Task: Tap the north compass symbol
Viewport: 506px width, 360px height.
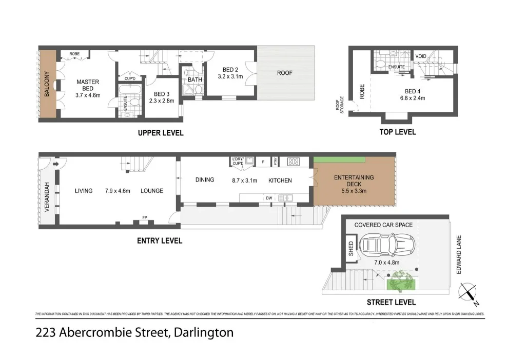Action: pyautogui.click(x=468, y=292)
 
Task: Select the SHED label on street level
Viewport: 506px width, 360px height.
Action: pyautogui.click(x=351, y=248)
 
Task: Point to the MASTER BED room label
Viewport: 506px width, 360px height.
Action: pyautogui.click(x=87, y=85)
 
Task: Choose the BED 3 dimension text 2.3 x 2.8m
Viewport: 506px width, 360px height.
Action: pyautogui.click(x=161, y=101)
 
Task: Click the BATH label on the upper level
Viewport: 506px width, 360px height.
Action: pyautogui.click(x=194, y=80)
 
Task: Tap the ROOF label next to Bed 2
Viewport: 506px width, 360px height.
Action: pyautogui.click(x=285, y=73)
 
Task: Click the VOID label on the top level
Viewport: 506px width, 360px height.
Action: pyautogui.click(x=421, y=56)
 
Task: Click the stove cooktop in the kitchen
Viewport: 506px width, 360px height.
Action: pyautogui.click(x=294, y=161)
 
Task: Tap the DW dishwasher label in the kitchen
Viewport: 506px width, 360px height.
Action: pyautogui.click(x=268, y=197)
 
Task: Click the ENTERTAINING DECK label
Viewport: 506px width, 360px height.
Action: pyautogui.click(x=354, y=181)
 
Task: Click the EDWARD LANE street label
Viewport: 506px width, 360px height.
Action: pyautogui.click(x=459, y=254)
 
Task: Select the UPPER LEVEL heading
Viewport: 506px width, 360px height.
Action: pyautogui.click(x=160, y=133)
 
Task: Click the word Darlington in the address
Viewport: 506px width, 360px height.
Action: pyautogui.click(x=204, y=332)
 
